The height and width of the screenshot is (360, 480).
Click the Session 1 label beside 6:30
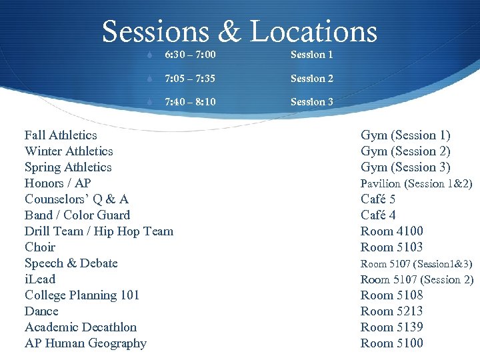[x=311, y=54]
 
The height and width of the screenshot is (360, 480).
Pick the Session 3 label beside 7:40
[x=311, y=102]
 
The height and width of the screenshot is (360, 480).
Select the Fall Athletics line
[x=61, y=135]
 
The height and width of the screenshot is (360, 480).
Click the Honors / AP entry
[x=58, y=183]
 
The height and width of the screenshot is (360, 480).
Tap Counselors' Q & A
[x=77, y=199]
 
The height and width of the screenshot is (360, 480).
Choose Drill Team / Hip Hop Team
[x=99, y=231]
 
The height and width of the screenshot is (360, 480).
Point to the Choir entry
[x=40, y=247]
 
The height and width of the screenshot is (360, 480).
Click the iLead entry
[x=40, y=279]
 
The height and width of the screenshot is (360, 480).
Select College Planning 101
[x=82, y=295]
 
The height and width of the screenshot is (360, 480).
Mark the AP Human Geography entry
[x=85, y=343]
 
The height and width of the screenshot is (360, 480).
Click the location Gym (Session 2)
[x=405, y=151]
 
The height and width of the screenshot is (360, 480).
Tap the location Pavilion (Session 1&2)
[x=416, y=183]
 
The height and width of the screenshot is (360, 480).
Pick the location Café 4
[x=378, y=215]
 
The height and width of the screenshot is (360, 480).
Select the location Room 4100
[x=392, y=231]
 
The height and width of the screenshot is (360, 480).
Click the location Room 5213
[x=392, y=311]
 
